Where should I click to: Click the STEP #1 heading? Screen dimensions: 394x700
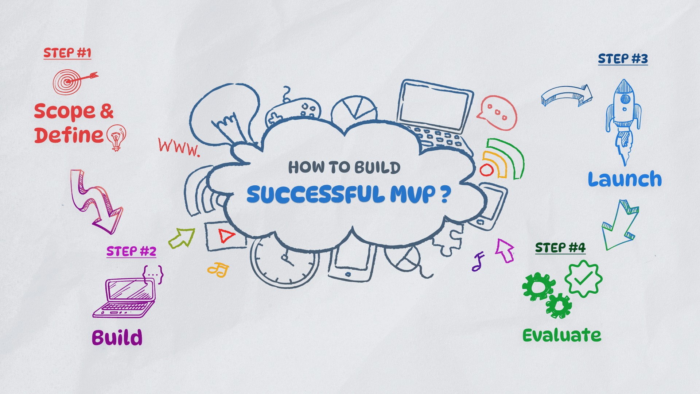point(67,53)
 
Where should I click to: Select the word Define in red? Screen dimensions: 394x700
point(69,135)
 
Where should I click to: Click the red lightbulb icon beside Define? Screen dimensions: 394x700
point(116,137)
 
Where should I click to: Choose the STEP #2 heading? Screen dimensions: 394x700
point(131,251)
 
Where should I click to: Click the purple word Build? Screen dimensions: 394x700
point(117,337)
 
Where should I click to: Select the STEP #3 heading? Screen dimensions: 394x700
point(623,59)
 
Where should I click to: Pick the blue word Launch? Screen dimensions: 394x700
point(625,179)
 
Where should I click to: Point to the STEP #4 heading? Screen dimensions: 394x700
point(560,248)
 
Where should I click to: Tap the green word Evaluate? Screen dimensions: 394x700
point(561,335)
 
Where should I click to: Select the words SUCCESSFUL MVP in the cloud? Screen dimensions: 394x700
point(341,194)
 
